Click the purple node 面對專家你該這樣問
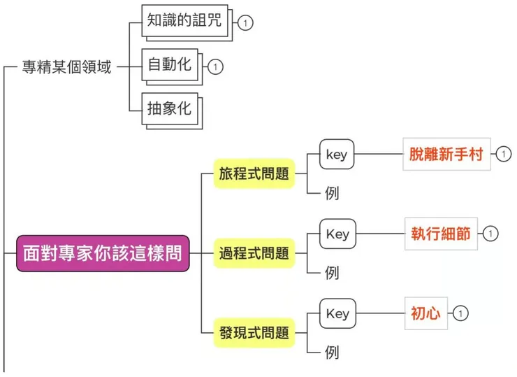pos(103,253)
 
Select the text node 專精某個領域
pos(66,68)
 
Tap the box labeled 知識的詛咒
pos(184,21)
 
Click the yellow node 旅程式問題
pos(254,174)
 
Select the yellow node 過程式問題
pos(254,253)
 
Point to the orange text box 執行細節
pos(442,234)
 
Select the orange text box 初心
pos(425,313)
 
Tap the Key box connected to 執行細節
pos(337,234)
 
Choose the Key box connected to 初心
pos(337,314)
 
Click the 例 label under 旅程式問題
pos(333,194)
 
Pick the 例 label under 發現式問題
pos(333,353)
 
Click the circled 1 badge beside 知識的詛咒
pos(245,23)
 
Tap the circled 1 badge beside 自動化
pos(216,67)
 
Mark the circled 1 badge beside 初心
pos(460,313)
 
